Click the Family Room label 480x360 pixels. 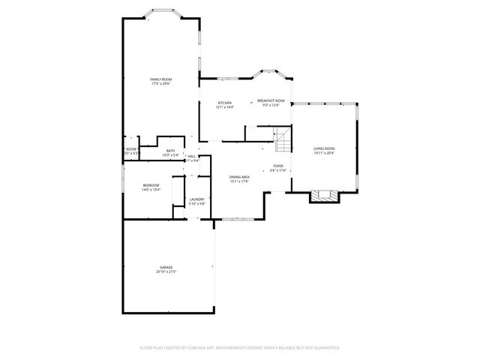[x=161, y=79]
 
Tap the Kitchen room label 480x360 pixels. [x=224, y=102]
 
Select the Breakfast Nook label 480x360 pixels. [x=271, y=100]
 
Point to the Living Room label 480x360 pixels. [x=324, y=148]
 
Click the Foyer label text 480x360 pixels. [x=278, y=166]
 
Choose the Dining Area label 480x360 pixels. [x=239, y=176]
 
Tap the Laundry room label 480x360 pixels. [x=196, y=199]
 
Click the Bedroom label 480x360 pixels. [x=151, y=185]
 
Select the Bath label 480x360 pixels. [x=170, y=151]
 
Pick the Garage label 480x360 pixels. [x=166, y=267]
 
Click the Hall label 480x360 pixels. [x=192, y=155]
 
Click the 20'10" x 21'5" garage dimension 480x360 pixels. [x=166, y=271]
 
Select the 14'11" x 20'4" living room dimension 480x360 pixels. [x=324, y=153]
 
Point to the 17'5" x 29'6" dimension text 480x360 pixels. [x=161, y=83]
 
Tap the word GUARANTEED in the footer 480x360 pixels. [x=326, y=348]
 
